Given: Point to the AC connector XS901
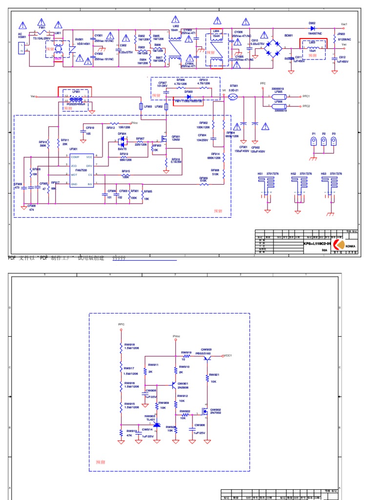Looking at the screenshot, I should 21,47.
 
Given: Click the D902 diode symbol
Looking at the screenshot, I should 312,28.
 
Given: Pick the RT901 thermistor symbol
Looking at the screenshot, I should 233,97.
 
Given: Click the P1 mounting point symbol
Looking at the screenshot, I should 313,142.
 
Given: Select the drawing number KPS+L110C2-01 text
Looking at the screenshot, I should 317,243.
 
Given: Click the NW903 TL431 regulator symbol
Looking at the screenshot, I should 156,424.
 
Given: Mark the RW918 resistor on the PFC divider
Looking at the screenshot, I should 121,348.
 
